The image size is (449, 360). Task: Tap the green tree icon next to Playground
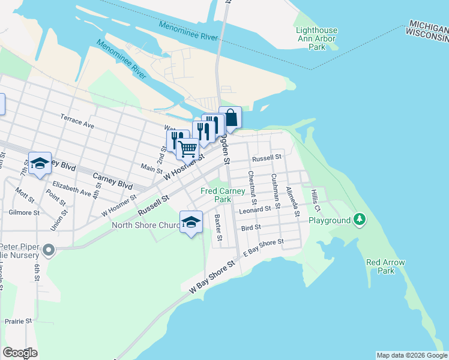click(x=360, y=220)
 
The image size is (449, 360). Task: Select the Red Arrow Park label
click(x=385, y=266)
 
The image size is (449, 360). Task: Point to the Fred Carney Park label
click(x=223, y=195)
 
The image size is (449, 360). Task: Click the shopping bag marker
click(x=230, y=117)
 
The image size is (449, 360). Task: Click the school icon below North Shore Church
click(x=191, y=223)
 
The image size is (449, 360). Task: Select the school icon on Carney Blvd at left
click(x=40, y=163)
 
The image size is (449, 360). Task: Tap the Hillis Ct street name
click(x=316, y=201)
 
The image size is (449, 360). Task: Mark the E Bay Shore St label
click(x=263, y=248)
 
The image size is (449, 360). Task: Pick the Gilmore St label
click(x=24, y=212)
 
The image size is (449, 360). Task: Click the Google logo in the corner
click(x=20, y=352)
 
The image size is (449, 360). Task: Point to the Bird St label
click(x=251, y=228)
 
